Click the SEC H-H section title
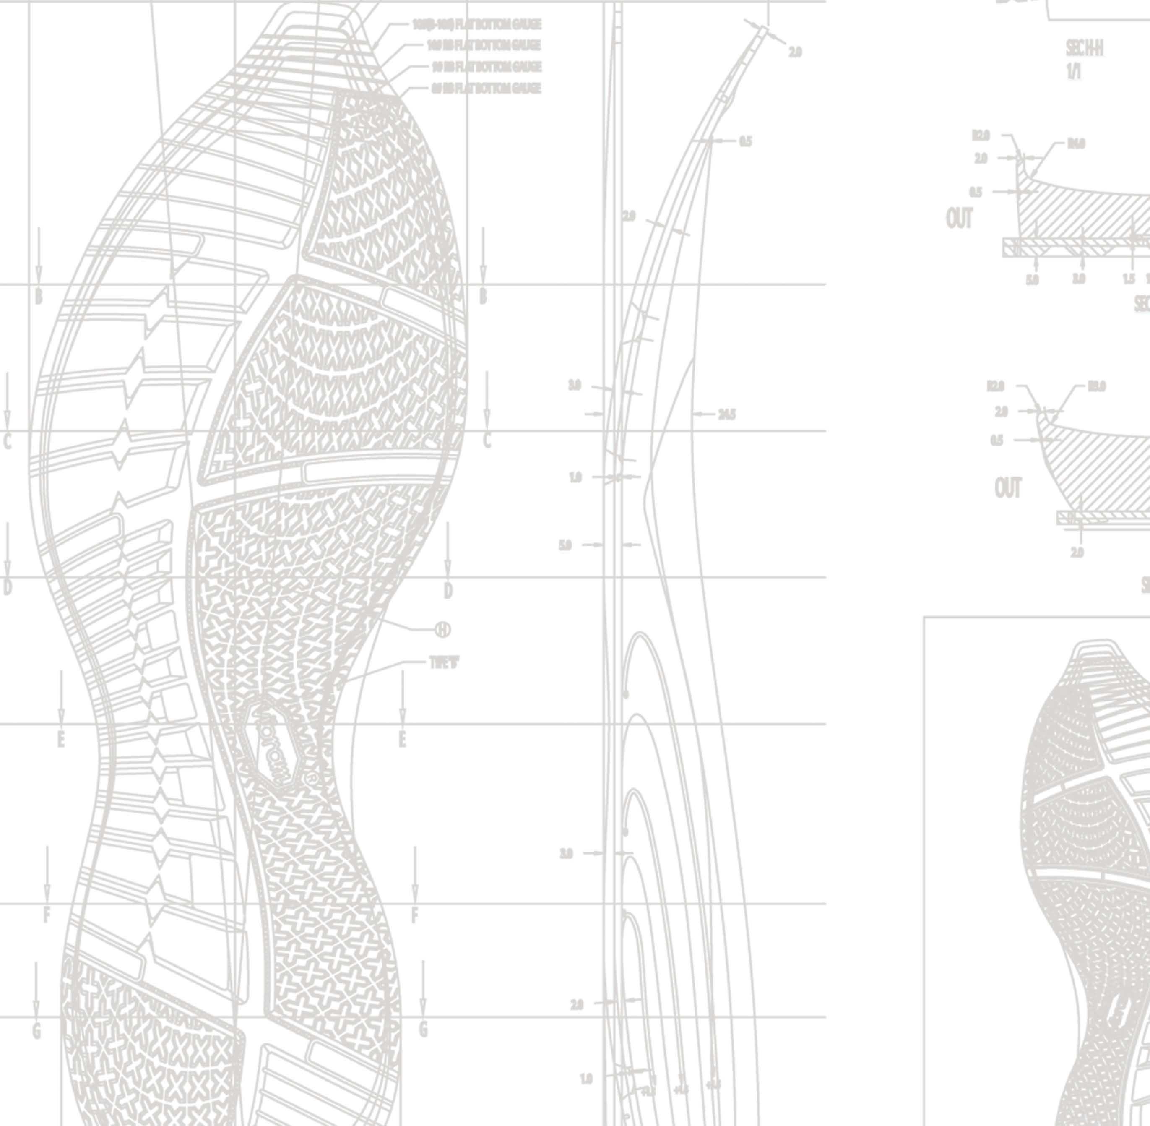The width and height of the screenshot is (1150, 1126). point(1085,49)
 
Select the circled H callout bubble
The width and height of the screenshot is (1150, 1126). point(443,630)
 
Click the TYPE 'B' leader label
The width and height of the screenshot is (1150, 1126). point(444,663)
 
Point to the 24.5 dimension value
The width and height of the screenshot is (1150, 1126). point(727,414)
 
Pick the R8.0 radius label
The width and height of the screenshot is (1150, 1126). point(1096,386)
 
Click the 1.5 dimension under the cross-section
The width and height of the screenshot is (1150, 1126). point(1129,279)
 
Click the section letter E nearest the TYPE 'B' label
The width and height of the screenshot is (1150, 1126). point(403,739)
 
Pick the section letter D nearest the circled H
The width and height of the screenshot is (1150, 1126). point(448,590)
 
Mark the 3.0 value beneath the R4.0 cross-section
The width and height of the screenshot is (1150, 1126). point(1079,279)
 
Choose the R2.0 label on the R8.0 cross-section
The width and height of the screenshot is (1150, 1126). point(995,386)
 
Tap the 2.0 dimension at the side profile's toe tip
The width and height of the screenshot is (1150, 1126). point(795,52)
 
